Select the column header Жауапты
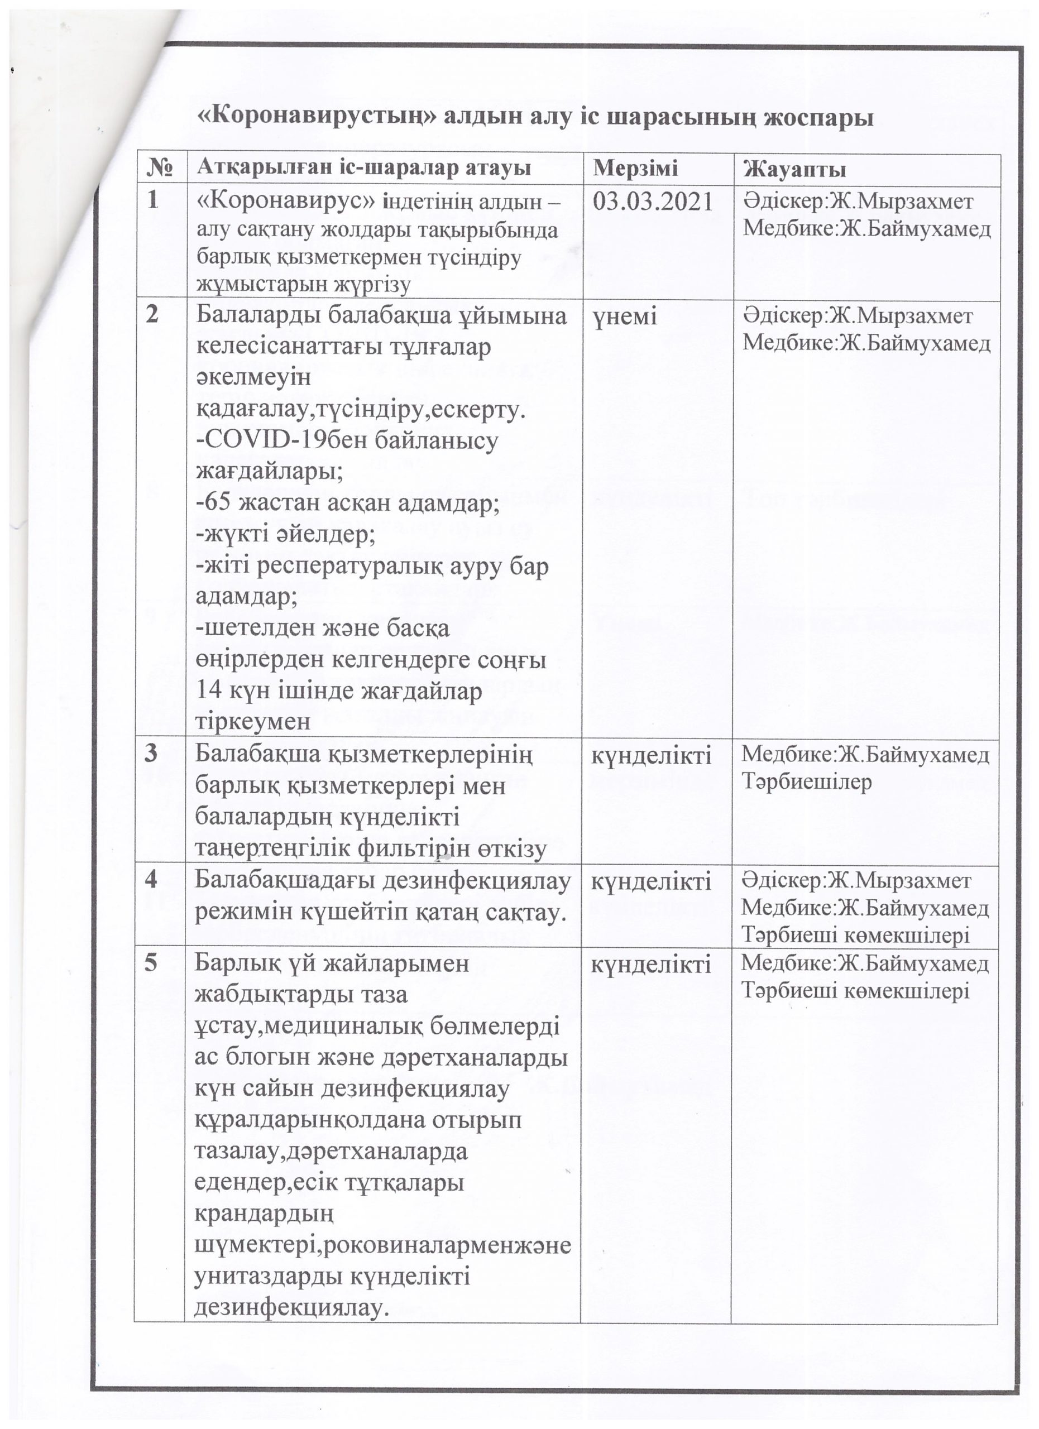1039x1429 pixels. click(794, 169)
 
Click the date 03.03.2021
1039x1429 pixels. click(653, 202)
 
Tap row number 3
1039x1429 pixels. click(151, 754)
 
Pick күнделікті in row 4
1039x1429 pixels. click(651, 880)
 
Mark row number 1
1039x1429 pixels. click(152, 200)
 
